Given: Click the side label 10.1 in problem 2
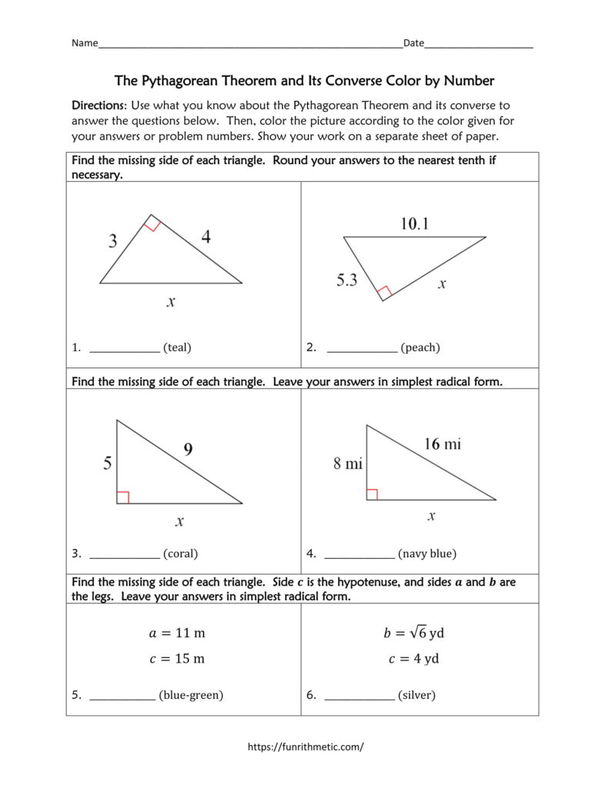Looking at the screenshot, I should coord(414,224).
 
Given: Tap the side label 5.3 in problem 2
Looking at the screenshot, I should coord(346,280).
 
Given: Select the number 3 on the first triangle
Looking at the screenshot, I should coord(112,241).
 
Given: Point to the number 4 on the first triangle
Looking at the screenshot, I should coord(206,237).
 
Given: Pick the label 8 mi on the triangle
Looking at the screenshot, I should coord(347,464).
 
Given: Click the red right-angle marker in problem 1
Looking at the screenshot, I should coord(152,224).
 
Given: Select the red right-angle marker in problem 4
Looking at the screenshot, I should coord(372,494).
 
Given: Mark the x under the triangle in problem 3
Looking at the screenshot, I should coord(179,522).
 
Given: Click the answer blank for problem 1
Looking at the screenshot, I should coord(125,348).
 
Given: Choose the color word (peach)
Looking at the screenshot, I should coord(420,347).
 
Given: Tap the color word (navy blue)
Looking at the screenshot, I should coord(427,553).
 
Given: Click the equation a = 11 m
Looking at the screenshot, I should coord(176,633).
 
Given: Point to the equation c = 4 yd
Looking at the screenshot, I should coord(413,659).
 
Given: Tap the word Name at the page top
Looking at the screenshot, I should coord(85,43).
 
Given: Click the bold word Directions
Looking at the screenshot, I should coord(98,105).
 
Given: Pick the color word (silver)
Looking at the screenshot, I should coord(417,695).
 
